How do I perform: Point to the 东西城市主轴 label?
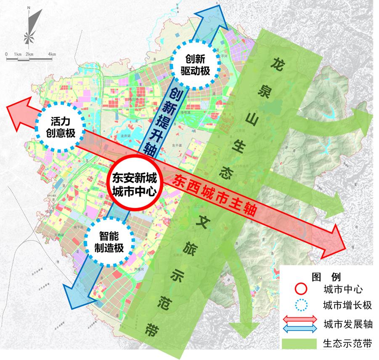click(215, 195)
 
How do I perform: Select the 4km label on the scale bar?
click(52, 54)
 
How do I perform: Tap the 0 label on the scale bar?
click(7, 54)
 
